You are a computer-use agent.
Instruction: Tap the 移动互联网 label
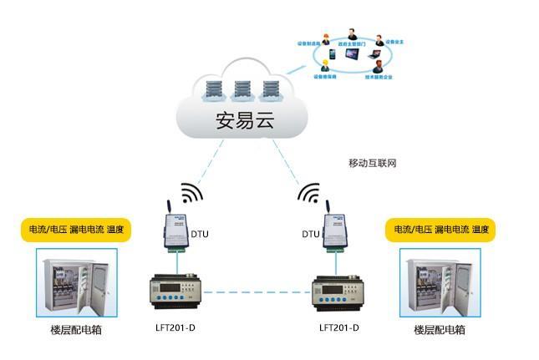372,163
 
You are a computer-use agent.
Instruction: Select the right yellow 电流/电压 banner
438,229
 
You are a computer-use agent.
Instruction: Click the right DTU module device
333,231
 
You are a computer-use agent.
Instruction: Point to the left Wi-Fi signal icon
191,194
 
